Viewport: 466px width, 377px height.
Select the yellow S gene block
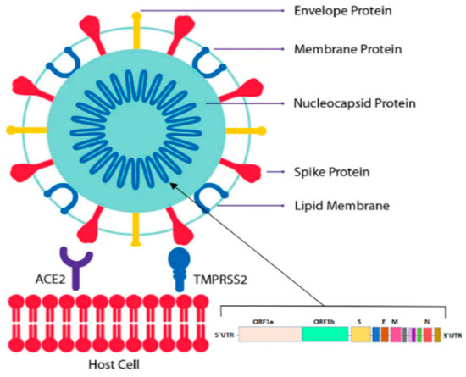(x=360, y=335)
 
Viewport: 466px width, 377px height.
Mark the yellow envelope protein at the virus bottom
(x=139, y=245)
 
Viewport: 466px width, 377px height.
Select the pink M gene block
(x=395, y=335)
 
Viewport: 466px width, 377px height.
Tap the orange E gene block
(x=384, y=335)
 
